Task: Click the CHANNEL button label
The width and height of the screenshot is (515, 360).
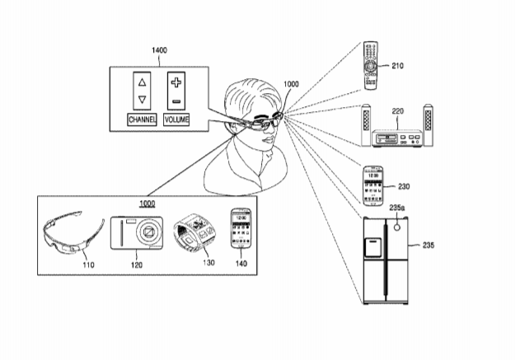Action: [x=142, y=120]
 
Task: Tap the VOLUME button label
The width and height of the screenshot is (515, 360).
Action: [x=176, y=120]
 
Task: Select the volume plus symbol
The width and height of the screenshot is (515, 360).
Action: [x=176, y=82]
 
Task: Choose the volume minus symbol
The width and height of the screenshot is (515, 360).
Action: [x=176, y=101]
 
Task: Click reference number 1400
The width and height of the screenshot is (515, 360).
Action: [x=160, y=50]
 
